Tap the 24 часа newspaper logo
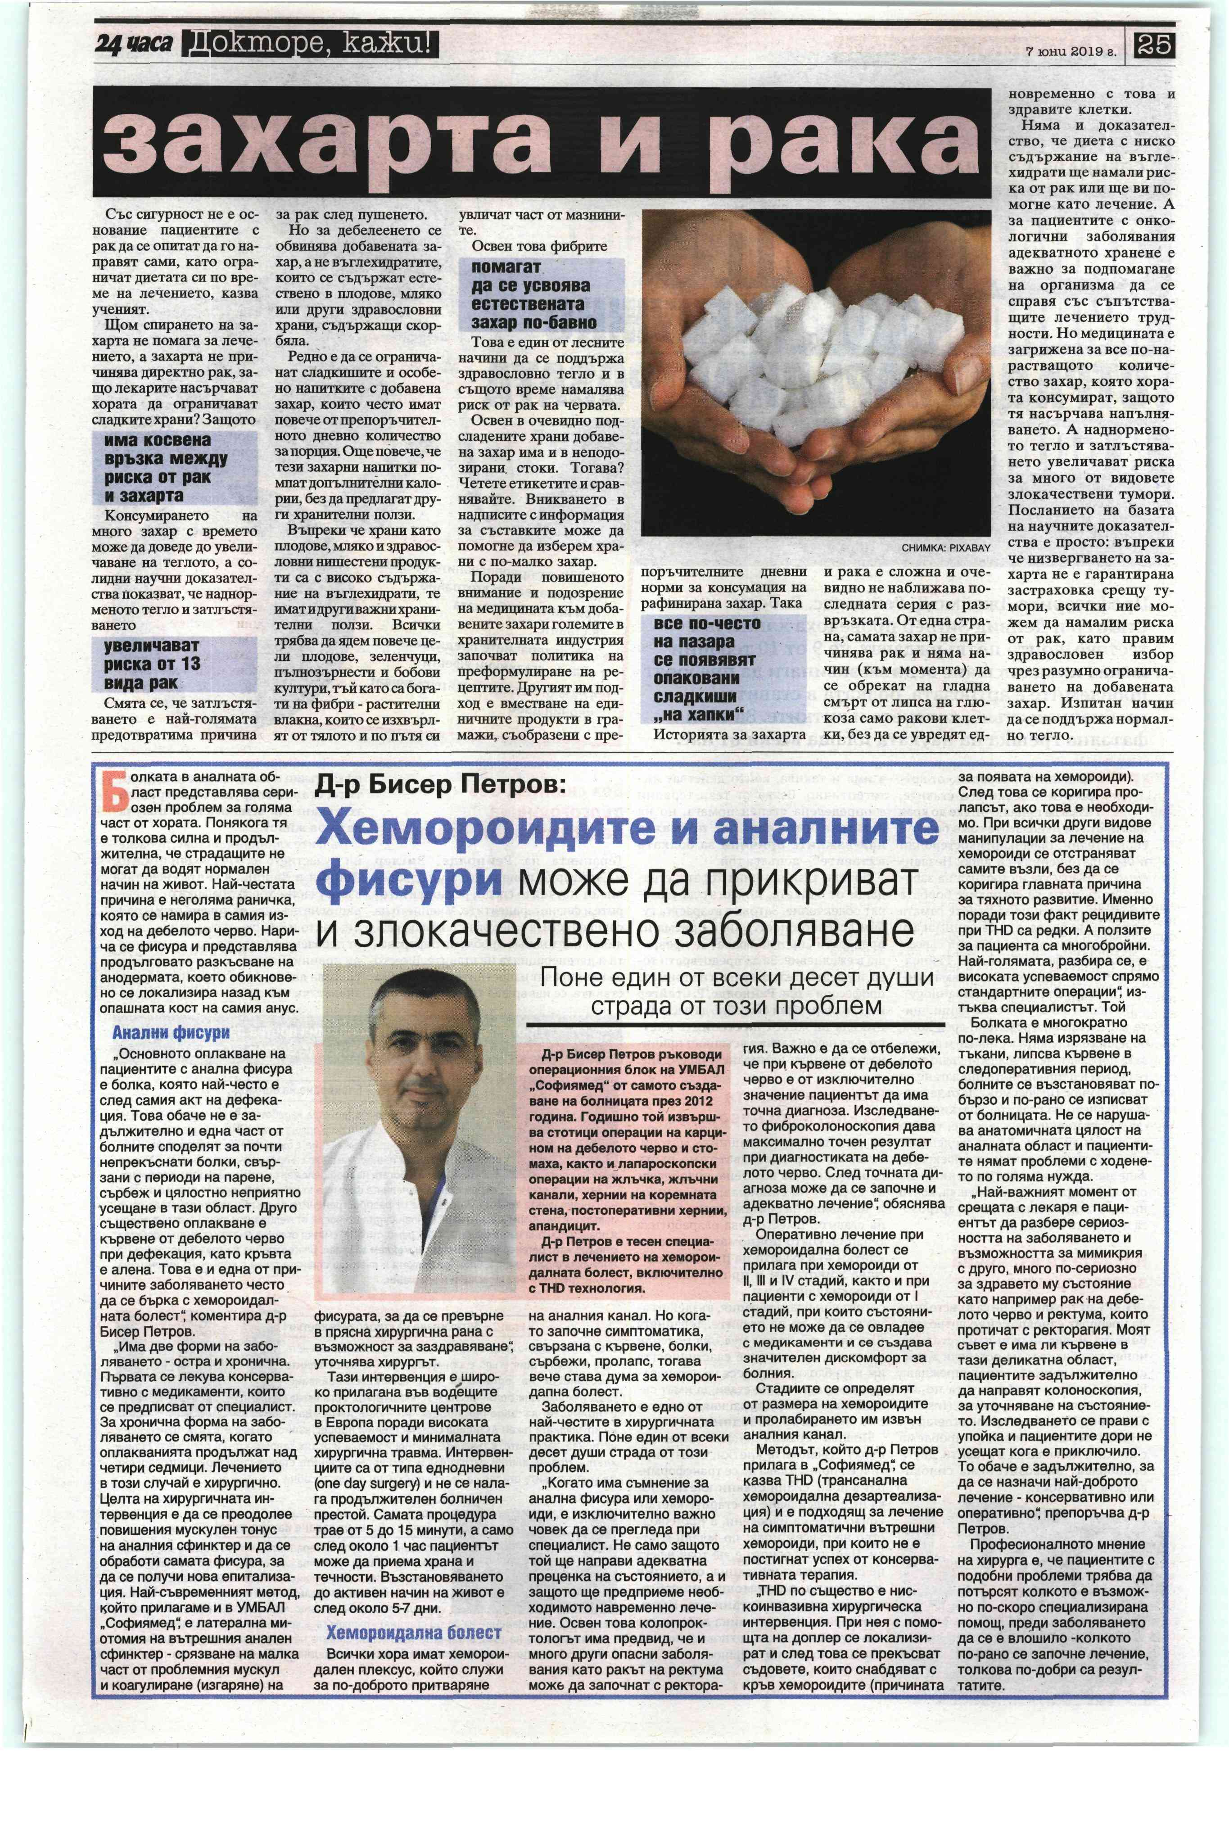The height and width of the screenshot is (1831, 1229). tap(133, 45)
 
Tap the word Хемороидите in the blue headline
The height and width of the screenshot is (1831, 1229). tap(502, 828)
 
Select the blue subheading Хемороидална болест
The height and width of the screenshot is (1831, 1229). tap(413, 1633)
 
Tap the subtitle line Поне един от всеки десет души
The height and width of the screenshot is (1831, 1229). tap(737, 979)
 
